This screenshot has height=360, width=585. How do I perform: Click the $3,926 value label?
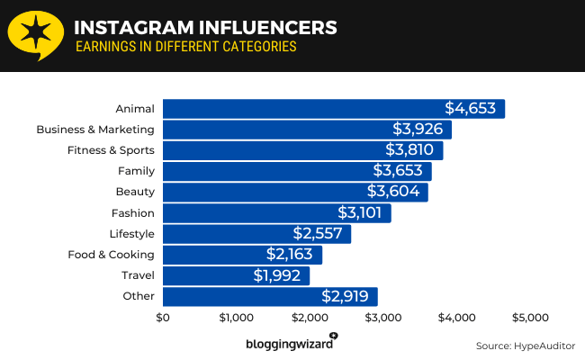tap(418, 130)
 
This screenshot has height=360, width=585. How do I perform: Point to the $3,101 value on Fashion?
tap(360, 213)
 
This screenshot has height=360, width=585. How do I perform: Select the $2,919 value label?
tap(346, 296)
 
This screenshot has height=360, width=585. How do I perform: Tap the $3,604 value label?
tap(393, 192)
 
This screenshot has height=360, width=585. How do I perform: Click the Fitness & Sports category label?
tap(111, 150)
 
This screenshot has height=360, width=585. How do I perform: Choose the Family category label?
tap(136, 171)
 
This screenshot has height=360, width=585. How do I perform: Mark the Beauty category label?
tap(135, 192)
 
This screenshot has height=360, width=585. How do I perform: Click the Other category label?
tap(139, 296)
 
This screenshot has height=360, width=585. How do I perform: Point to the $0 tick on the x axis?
tap(163, 318)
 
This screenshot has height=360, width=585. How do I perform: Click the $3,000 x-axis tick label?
tap(383, 318)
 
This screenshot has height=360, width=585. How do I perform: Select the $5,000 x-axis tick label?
tap(530, 318)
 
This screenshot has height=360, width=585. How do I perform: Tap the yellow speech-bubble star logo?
tap(35, 36)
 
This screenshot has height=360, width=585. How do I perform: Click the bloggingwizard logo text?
tap(286, 344)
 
